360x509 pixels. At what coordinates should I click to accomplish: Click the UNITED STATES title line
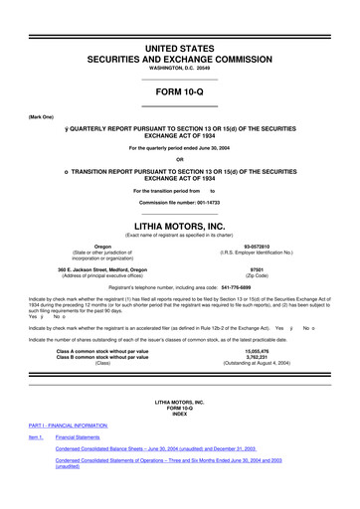click(179, 19)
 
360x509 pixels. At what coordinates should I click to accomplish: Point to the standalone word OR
click(179, 160)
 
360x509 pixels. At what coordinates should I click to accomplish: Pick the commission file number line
click(179, 203)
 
